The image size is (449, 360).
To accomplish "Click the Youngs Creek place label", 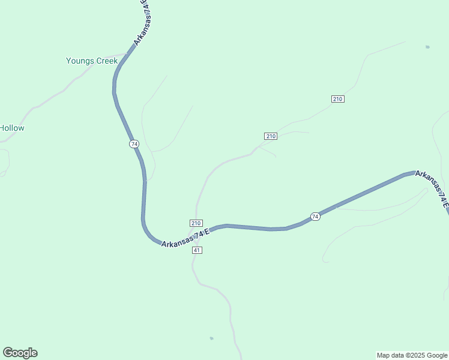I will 92,61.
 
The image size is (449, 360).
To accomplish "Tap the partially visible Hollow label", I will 12,128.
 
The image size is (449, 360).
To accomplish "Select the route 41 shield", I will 197,250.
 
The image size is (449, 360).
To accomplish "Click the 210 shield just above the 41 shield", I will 196,223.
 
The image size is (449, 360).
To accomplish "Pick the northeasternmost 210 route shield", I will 337,98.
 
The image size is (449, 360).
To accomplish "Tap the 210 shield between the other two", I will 271,136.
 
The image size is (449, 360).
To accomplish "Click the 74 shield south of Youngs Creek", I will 134,144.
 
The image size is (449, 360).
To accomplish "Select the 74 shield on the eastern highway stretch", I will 315,216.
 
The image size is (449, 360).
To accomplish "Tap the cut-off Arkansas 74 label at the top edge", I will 141,24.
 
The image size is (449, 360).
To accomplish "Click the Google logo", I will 20,353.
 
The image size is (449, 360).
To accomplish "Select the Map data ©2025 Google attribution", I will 412,355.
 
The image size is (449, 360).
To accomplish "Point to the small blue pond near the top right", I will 427,47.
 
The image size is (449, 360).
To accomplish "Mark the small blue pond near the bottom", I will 211,338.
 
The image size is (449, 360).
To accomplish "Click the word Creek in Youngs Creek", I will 106,61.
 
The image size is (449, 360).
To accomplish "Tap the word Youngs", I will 79,61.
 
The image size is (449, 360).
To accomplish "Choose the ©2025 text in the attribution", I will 408,355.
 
